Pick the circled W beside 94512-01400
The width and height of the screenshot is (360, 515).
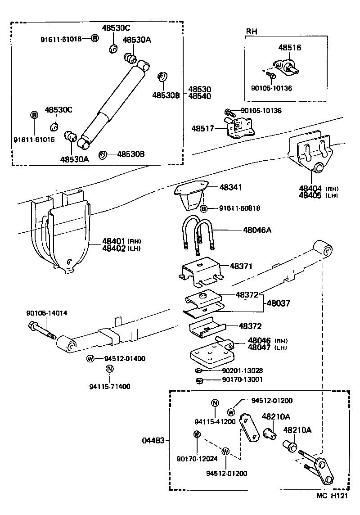point(90,358)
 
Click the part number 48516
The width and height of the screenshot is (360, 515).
point(290,47)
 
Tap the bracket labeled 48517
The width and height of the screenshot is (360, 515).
point(239,129)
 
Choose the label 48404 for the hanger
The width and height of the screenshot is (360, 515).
point(310,188)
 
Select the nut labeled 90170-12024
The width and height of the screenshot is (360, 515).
point(196,434)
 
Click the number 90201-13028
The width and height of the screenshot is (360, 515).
point(243,370)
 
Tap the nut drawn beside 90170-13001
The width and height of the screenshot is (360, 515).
point(200,381)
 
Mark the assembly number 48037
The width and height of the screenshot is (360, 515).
point(277,303)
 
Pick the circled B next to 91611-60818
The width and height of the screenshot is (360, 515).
point(203,208)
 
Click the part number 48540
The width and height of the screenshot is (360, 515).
point(200,96)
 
